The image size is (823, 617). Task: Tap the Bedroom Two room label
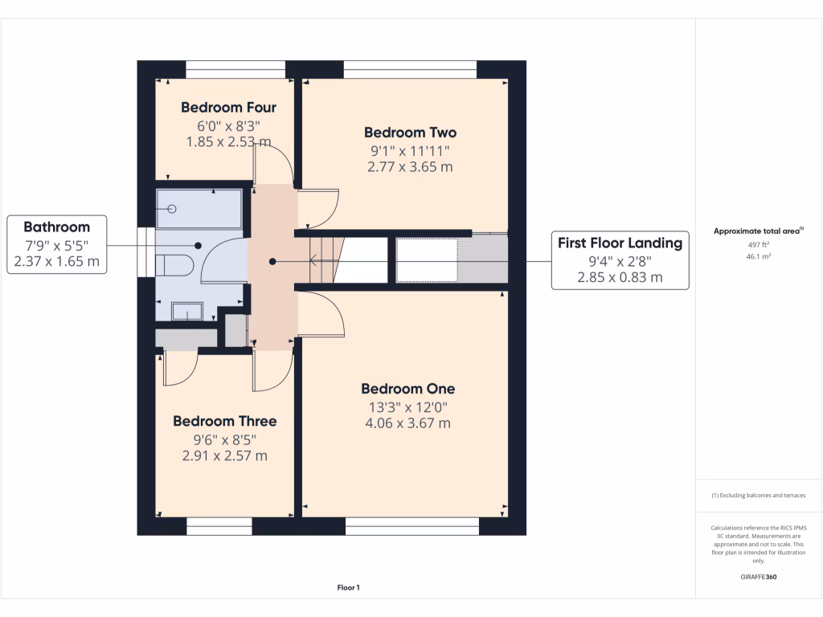click(x=410, y=133)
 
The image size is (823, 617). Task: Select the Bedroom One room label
click(x=407, y=389)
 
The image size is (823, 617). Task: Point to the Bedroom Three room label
click(x=224, y=421)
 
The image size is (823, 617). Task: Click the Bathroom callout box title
click(x=56, y=227)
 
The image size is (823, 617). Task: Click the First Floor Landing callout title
click(x=620, y=243)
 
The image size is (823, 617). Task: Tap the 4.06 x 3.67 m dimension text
click(x=407, y=423)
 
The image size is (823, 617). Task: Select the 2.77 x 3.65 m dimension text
click(x=410, y=167)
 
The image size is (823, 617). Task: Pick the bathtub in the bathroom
click(x=199, y=209)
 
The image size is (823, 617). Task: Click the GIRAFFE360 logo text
click(x=758, y=577)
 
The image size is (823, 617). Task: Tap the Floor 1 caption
click(x=348, y=588)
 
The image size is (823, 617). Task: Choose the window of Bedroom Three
click(x=219, y=526)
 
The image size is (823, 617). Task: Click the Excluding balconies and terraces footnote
click(x=758, y=496)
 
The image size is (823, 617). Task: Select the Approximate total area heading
click(x=758, y=231)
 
